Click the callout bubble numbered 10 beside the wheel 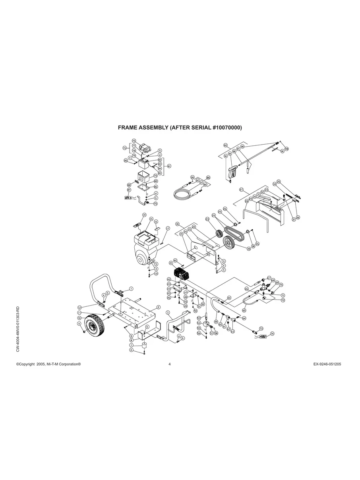pyautogui.click(x=79, y=318)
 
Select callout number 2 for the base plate pyautogui.click(x=159, y=307)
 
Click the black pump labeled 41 pyautogui.click(x=183, y=274)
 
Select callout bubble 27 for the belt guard pyautogui.click(x=241, y=190)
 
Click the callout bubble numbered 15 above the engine pyautogui.click(x=151, y=219)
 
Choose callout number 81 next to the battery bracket pyautogui.click(x=169, y=166)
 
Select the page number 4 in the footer pyautogui.click(x=170, y=364)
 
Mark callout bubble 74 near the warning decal pyautogui.click(x=272, y=334)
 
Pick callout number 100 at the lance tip pyautogui.click(x=286, y=149)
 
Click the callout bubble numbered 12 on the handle pyautogui.click(x=79, y=307)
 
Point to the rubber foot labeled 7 pyautogui.click(x=145, y=343)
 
